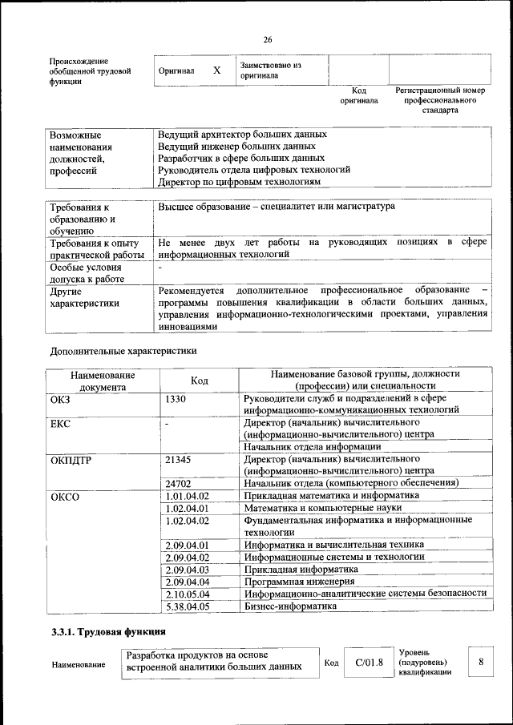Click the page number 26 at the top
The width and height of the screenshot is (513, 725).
click(267, 39)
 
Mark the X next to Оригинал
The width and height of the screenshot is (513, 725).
click(216, 70)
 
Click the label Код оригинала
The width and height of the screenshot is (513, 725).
click(358, 96)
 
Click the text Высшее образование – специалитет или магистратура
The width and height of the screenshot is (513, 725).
click(276, 207)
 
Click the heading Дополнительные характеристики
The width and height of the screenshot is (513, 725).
click(123, 350)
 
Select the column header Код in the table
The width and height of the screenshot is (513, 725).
click(200, 381)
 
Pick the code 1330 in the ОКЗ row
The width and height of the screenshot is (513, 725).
click(176, 398)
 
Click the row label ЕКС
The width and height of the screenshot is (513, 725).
click(60, 423)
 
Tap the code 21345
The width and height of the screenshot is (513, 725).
click(178, 459)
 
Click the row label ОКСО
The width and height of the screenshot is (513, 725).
click(66, 496)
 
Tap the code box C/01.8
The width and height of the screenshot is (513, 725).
click(370, 663)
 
